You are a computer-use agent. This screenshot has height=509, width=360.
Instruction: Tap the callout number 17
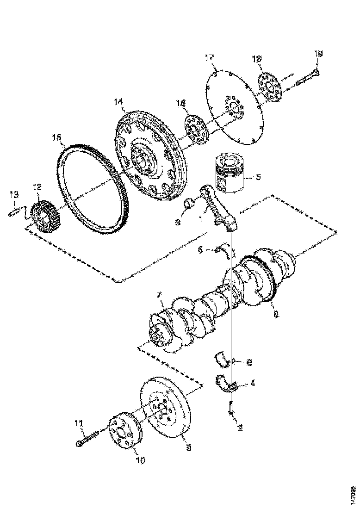[x=210, y=57]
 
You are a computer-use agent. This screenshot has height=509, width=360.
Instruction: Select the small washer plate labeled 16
[x=195, y=126]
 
